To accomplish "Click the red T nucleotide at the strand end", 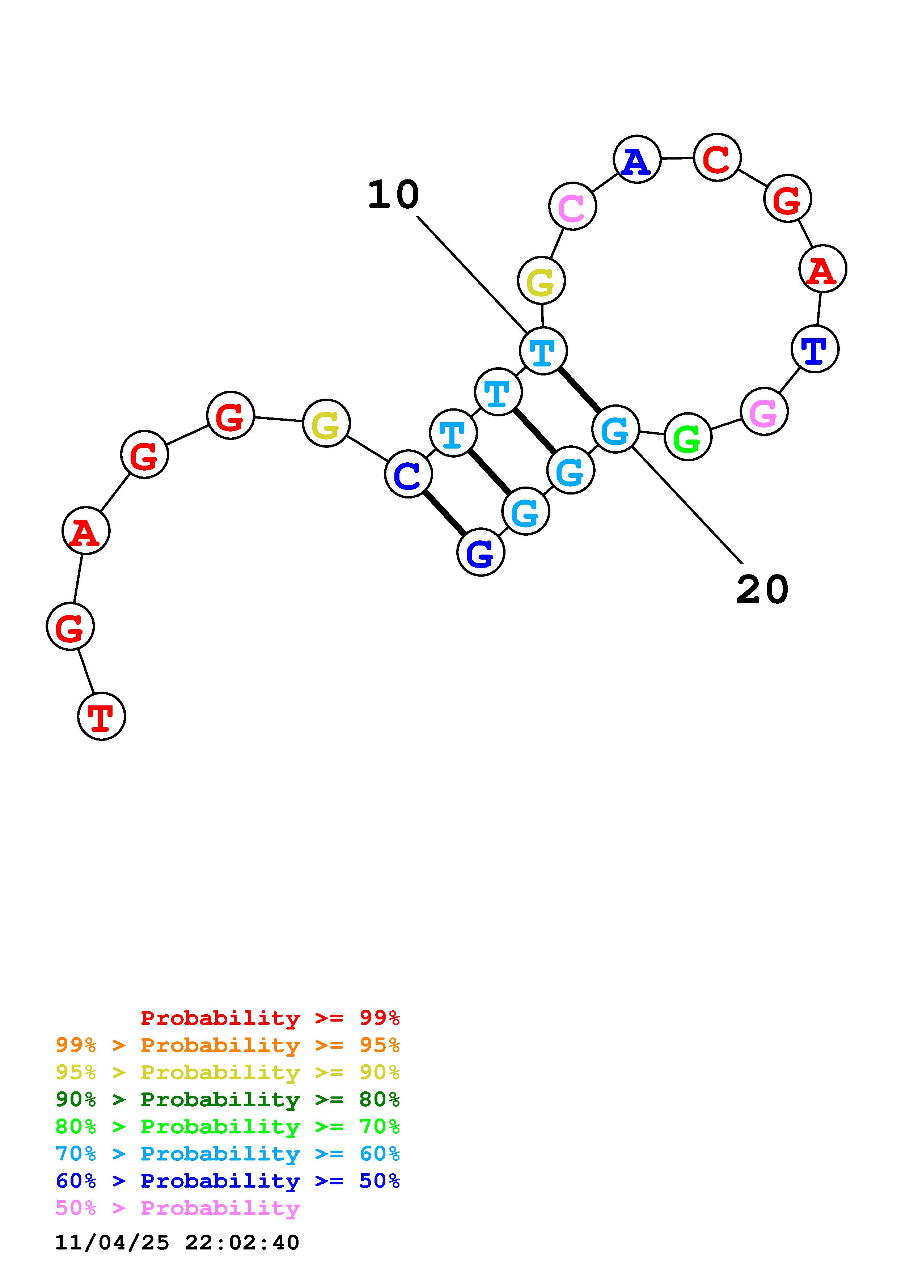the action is pyautogui.click(x=102, y=716).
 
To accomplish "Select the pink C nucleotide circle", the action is pyautogui.click(x=572, y=206).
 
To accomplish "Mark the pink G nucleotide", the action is pyautogui.click(x=764, y=412).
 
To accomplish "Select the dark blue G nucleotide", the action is pyautogui.click(x=481, y=552).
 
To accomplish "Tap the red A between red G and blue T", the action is pyautogui.click(x=822, y=269).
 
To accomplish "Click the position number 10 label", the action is pyautogui.click(x=394, y=195).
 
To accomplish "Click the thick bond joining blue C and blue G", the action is pyautogui.click(x=444, y=513).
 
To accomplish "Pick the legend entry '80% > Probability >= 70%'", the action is pyautogui.click(x=228, y=1126).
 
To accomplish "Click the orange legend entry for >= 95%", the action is pyautogui.click(x=228, y=1045).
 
